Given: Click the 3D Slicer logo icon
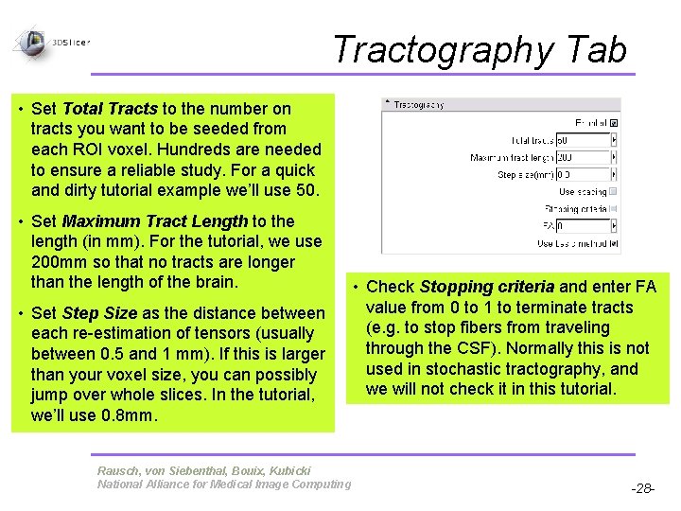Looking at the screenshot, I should (x=32, y=41).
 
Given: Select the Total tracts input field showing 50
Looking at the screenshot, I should (x=583, y=140).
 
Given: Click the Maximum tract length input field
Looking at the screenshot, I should (x=583, y=157).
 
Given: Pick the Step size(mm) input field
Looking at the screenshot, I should (x=583, y=174).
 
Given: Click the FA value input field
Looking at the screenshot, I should (x=583, y=226).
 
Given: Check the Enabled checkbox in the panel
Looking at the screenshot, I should (x=614, y=122).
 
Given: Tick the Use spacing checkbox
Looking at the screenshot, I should (x=614, y=191).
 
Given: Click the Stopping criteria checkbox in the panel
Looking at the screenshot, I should (x=614, y=208).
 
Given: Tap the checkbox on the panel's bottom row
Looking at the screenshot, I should (x=614, y=243).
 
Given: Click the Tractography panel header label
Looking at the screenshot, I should (x=418, y=105).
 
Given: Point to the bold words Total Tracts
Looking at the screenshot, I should (x=110, y=110).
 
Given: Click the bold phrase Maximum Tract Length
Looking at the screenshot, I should (x=154, y=221).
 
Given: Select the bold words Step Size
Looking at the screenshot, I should (x=99, y=313).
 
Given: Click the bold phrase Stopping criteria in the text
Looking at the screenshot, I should (x=486, y=287).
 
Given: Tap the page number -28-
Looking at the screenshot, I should (x=643, y=488).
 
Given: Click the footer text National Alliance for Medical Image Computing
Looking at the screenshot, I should (x=223, y=485).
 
